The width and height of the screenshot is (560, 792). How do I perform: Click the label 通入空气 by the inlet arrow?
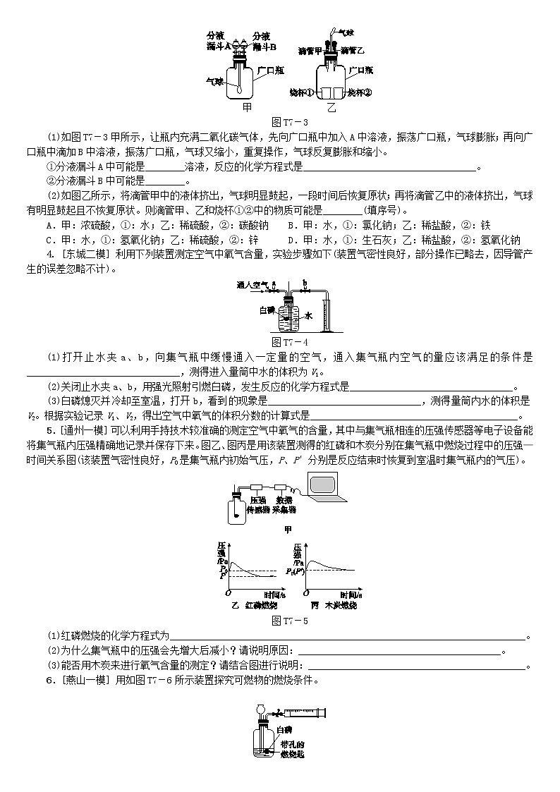251,286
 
